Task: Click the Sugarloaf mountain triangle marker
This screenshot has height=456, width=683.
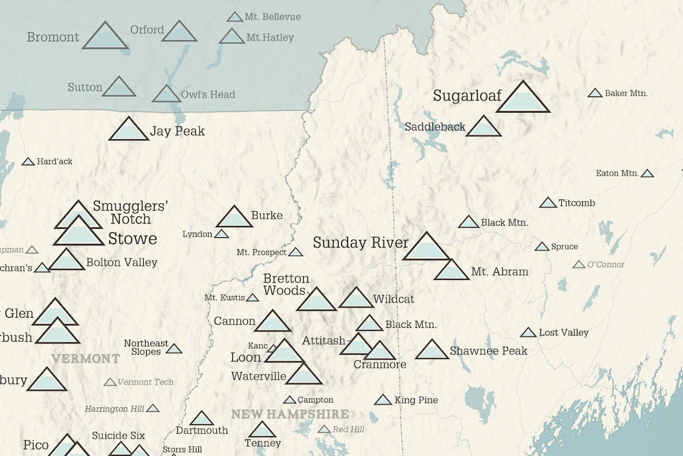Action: [x=522, y=99]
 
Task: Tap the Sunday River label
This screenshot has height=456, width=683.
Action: [x=361, y=243]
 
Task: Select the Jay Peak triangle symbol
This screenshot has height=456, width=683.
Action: [x=128, y=131]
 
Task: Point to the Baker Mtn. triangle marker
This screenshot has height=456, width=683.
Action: [x=595, y=93]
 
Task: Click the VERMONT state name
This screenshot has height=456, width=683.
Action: [x=85, y=359]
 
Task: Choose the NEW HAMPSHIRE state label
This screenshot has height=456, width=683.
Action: [x=290, y=414]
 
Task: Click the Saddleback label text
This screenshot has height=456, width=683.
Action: [x=434, y=127]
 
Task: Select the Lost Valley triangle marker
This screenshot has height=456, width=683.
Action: [x=528, y=333]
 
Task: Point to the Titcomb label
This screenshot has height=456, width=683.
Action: [x=576, y=203]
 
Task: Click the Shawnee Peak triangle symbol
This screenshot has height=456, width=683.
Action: [x=432, y=351]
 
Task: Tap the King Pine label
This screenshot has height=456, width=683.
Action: [x=416, y=400]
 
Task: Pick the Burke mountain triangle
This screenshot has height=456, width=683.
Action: [x=234, y=218]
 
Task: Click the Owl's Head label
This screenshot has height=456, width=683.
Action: [x=208, y=94]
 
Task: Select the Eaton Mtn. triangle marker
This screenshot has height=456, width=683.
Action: [x=647, y=174]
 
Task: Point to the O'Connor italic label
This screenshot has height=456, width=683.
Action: [x=606, y=264]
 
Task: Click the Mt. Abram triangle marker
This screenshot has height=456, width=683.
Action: [x=451, y=271]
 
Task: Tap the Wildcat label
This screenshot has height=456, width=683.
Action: [x=394, y=299]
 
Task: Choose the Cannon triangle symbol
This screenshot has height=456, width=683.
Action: [x=273, y=322]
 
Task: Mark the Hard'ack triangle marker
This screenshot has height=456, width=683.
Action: [x=28, y=162]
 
